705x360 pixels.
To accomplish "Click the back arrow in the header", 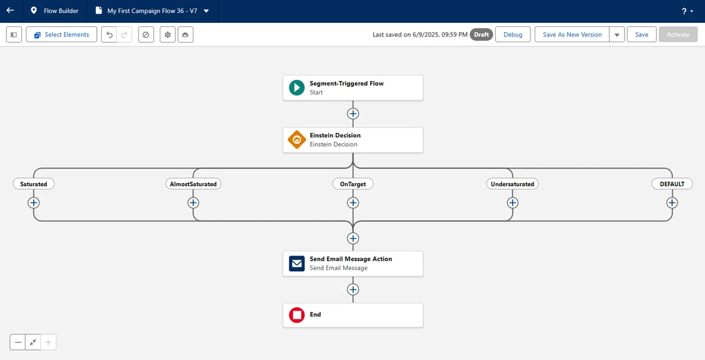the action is pos(10,11).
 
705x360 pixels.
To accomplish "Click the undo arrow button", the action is pos(109,35).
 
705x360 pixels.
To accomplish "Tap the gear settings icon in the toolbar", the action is pos(167,35).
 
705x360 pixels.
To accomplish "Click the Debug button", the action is pos(513,35).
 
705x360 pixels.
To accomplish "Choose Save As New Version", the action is pos(572,35).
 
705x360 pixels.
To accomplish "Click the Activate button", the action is pos(678,35).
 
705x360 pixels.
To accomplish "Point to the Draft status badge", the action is pos(481,35).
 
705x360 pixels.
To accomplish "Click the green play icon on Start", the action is pos(297,88).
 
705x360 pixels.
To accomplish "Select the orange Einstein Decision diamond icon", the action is pos(297,139).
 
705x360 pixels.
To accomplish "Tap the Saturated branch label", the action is pos(33,184).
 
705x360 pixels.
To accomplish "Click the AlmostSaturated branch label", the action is pos(193,184).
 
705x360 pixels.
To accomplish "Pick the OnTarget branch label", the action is pos(353,184).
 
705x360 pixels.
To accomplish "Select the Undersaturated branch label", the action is pos(512,184).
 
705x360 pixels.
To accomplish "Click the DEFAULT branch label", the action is pos(672,184).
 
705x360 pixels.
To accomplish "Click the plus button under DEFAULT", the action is pos(672,203).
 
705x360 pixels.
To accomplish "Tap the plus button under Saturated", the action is pos(33,203).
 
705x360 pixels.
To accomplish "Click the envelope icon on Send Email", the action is pos(297,263).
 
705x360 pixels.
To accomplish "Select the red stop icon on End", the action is pos(297,315).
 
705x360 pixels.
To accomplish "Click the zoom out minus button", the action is pos(18,342).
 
